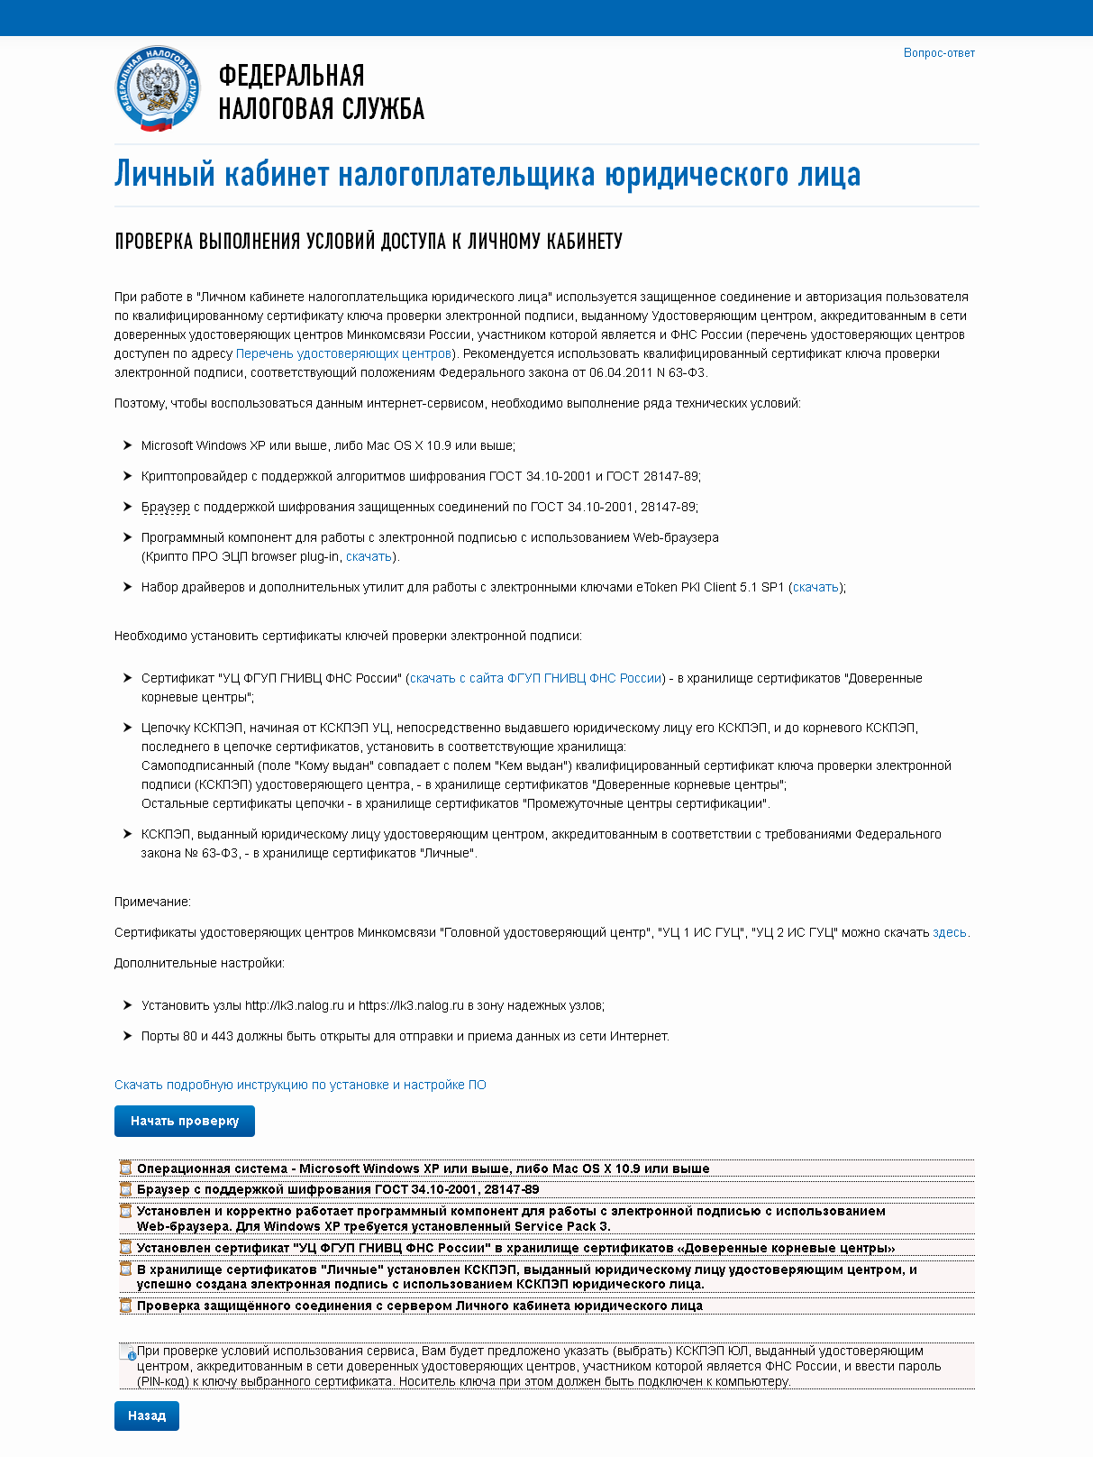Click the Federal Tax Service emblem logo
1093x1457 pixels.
pyautogui.click(x=158, y=88)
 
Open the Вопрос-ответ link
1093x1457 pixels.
pyautogui.click(x=939, y=53)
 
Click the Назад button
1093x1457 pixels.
pyautogui.click(x=147, y=1416)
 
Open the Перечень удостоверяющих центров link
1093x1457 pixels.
pyautogui.click(x=343, y=353)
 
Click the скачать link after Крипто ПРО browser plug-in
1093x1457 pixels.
pyautogui.click(x=369, y=556)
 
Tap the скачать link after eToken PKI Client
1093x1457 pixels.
pyautogui.click(x=815, y=587)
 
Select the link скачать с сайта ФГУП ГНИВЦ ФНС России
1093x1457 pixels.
pyautogui.click(x=536, y=678)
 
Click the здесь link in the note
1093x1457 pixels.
pyautogui.click(x=949, y=932)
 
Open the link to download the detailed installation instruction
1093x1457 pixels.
pyautogui.click(x=300, y=1085)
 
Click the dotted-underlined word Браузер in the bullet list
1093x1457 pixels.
pyautogui.click(x=165, y=507)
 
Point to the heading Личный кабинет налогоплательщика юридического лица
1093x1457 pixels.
pyautogui.click(x=487, y=174)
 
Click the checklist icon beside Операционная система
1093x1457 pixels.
pyautogui.click(x=126, y=1168)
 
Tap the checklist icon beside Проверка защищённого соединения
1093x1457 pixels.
pyautogui.click(x=126, y=1306)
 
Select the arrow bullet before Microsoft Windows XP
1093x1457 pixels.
pyautogui.click(x=127, y=445)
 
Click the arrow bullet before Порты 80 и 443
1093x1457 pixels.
pyautogui.click(x=127, y=1036)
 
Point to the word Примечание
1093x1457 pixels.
pyautogui.click(x=152, y=902)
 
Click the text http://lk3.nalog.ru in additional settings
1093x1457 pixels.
pyautogui.click(x=295, y=1005)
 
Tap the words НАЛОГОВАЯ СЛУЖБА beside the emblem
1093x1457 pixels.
pyautogui.click(x=321, y=109)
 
